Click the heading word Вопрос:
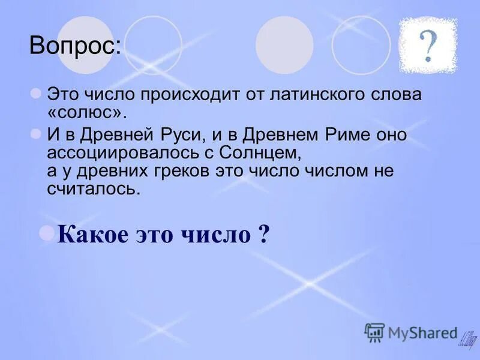(x=75, y=46)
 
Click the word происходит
(x=191, y=95)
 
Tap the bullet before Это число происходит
(x=36, y=93)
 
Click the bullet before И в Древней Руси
(x=36, y=133)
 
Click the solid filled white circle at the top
(x=284, y=45)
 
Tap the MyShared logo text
(x=423, y=332)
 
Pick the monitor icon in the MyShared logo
(x=374, y=332)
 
